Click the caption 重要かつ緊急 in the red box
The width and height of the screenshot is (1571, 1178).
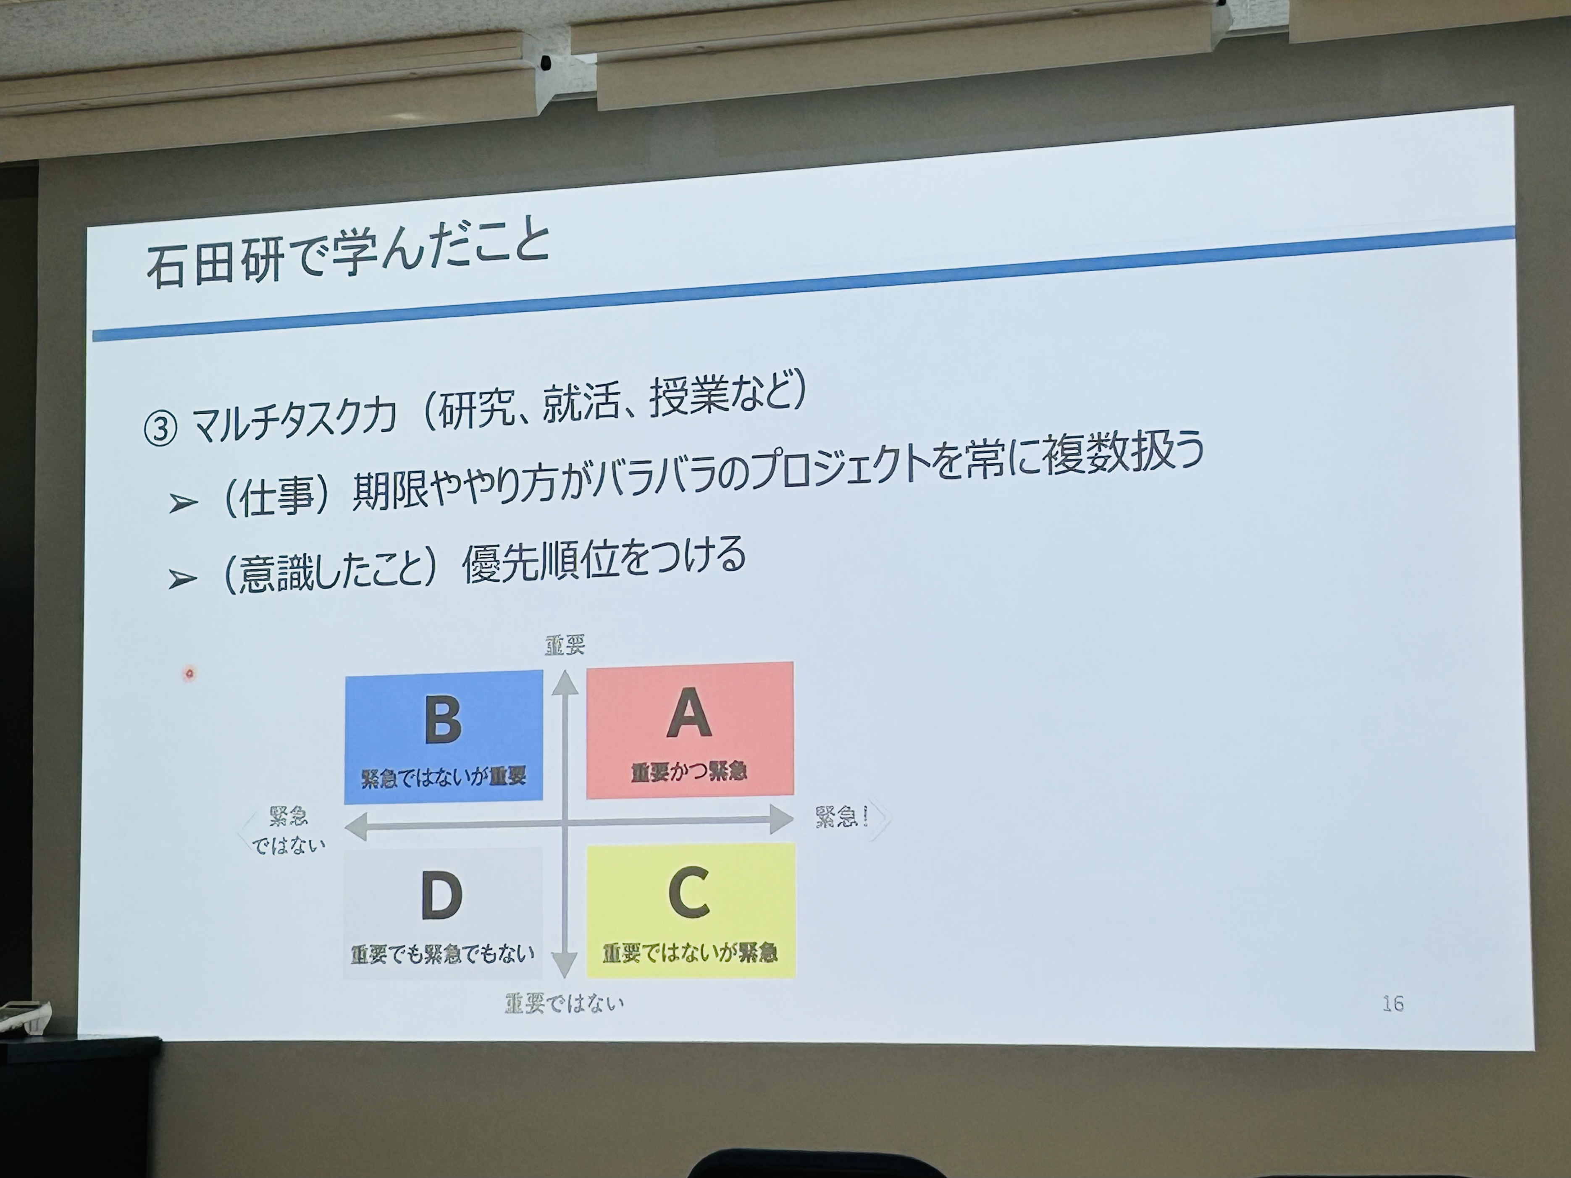click(689, 771)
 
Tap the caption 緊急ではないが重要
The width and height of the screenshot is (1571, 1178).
click(443, 777)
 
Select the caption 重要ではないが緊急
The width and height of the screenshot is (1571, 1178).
click(690, 952)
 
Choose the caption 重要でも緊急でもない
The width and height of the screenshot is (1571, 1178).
click(442, 954)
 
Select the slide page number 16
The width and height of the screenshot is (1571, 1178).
click(1393, 1003)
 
